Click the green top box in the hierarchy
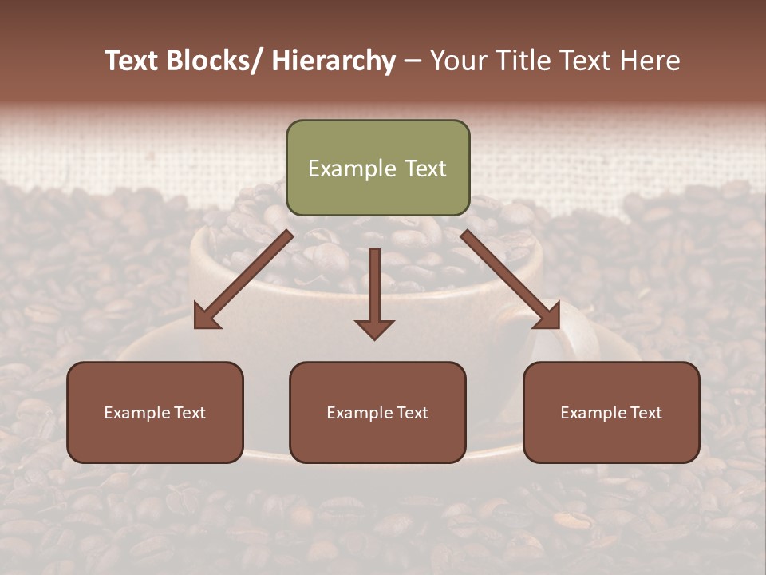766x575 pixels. click(x=377, y=168)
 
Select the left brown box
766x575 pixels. click(x=155, y=412)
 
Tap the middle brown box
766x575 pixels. click(x=377, y=412)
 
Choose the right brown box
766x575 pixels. click(x=611, y=412)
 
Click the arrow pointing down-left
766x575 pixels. click(x=244, y=280)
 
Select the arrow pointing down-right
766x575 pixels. click(x=510, y=279)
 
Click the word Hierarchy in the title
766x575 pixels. click(x=333, y=61)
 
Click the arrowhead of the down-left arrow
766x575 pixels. click(x=206, y=317)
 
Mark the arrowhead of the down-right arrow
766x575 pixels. click(x=548, y=317)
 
